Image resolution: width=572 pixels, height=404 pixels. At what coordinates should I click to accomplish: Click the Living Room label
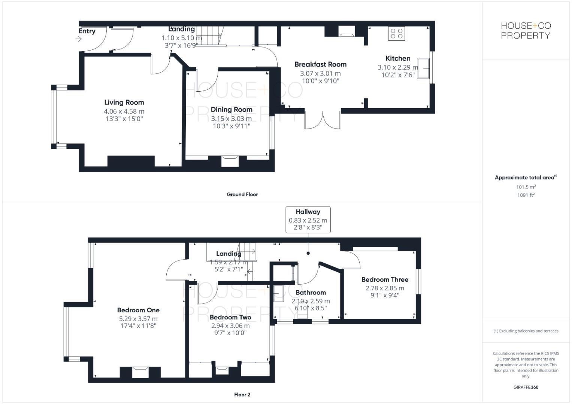[x=124, y=102]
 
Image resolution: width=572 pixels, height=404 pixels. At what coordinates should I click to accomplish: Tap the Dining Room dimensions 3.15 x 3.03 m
[x=231, y=119]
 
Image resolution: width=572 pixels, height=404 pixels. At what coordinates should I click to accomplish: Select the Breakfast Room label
[x=320, y=64]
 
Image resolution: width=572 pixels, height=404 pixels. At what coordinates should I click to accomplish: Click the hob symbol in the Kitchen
[x=396, y=34]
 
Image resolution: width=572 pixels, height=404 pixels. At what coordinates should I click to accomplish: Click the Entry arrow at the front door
[x=79, y=39]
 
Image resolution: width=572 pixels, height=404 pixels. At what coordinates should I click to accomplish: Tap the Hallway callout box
[x=308, y=220]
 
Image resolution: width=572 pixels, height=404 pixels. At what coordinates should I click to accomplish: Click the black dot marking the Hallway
[x=308, y=253]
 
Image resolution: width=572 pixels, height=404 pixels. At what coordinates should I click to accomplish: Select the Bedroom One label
[x=138, y=310]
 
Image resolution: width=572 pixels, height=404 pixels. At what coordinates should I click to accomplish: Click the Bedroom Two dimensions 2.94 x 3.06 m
[x=230, y=326]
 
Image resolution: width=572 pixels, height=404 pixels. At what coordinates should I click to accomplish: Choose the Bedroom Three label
[x=385, y=279]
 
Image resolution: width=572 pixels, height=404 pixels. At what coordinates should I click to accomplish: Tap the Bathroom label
[x=311, y=293]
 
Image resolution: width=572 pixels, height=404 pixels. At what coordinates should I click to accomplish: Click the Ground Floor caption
[x=242, y=195]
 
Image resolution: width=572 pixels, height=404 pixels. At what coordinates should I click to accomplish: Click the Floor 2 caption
[x=242, y=395]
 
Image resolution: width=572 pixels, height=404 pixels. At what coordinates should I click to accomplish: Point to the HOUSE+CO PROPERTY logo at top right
[x=526, y=31]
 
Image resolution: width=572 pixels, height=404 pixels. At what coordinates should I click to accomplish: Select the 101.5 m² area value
[x=526, y=187]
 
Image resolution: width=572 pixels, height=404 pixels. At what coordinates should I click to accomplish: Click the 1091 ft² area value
[x=526, y=195]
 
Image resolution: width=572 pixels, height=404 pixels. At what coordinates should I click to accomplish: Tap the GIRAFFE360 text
[x=526, y=387]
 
